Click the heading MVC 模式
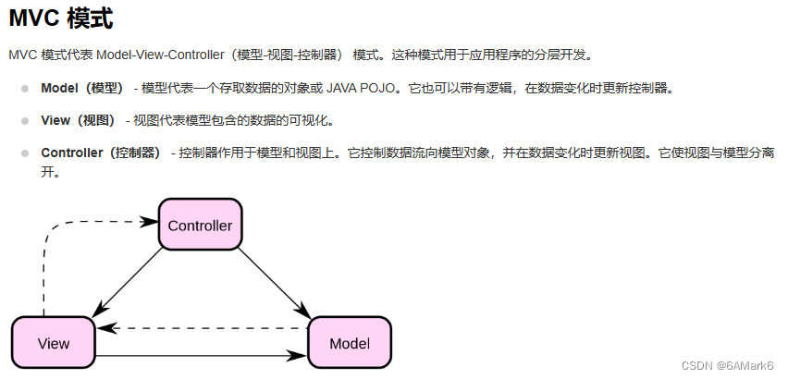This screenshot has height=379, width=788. (x=62, y=18)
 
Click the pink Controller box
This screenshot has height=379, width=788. (x=200, y=225)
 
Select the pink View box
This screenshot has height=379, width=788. (x=54, y=343)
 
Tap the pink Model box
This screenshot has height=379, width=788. (x=349, y=343)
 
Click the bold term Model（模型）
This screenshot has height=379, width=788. (x=82, y=89)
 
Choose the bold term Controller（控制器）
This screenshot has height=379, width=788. (x=101, y=153)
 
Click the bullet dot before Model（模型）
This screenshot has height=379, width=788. (x=25, y=89)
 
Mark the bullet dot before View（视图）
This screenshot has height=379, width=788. (x=25, y=120)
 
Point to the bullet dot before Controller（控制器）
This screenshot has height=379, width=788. (x=25, y=153)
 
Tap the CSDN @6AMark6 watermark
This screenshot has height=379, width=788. (x=727, y=365)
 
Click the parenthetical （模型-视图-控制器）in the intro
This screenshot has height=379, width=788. (x=286, y=55)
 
